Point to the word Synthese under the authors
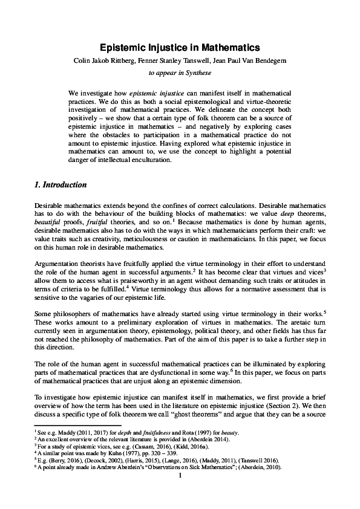click(196, 74)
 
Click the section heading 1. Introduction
click(61, 184)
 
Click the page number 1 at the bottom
click(180, 476)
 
